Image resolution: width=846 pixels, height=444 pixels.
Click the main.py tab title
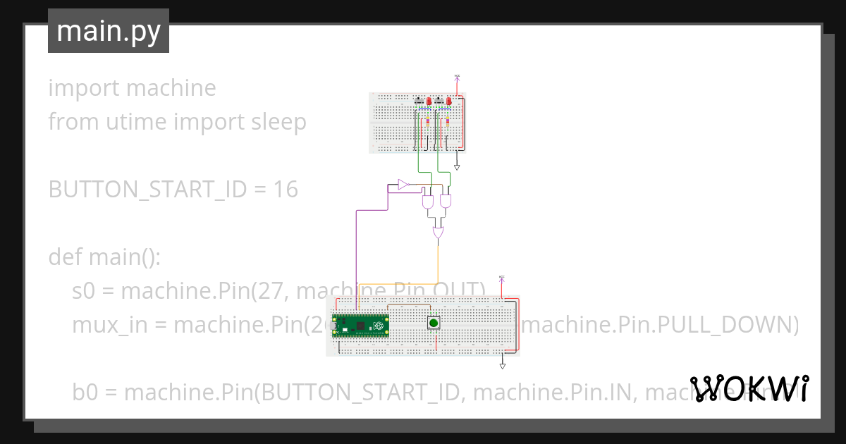(109, 31)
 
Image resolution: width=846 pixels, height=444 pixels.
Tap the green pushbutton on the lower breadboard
(435, 323)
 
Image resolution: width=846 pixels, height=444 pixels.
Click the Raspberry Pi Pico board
(361, 326)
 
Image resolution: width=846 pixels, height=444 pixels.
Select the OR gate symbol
(438, 232)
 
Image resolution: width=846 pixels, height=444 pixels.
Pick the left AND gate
(428, 202)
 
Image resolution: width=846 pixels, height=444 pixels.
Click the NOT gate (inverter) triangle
(403, 185)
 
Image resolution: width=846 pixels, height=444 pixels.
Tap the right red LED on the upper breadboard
(448, 101)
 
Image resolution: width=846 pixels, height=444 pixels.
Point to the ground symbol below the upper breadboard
(457, 167)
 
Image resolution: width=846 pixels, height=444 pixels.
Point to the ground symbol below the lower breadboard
(503, 366)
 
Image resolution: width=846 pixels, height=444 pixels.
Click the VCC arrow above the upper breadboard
(457, 78)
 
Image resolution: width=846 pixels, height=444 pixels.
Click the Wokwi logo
(749, 389)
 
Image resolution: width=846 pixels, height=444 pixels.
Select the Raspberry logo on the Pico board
(379, 326)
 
